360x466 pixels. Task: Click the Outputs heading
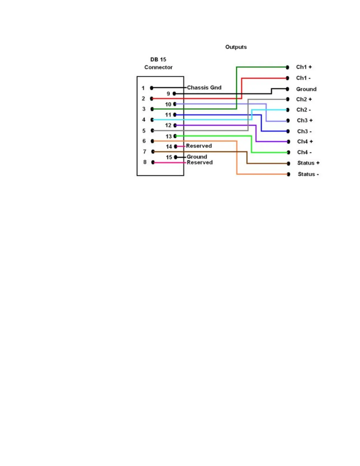pos(236,47)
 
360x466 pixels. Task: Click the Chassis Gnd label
pos(204,88)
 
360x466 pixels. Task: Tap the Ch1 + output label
pos(304,67)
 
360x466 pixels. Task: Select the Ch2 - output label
pos(304,110)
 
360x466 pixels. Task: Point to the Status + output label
pos(308,163)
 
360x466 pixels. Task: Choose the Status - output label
pos(308,174)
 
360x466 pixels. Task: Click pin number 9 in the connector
pos(168,94)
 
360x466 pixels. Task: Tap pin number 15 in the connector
pos(169,157)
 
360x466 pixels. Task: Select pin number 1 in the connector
pos(143,88)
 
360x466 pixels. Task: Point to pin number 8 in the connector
pos(145,162)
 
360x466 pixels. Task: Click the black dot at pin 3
pos(152,109)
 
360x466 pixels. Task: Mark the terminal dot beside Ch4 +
pos(288,142)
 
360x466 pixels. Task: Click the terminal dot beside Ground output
pos(287,89)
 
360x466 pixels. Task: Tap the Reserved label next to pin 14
pos(199,146)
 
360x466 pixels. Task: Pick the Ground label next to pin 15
pos(197,157)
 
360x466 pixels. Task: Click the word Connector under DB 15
pos(158,67)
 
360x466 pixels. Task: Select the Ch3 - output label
pos(304,131)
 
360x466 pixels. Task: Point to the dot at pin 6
pos(152,141)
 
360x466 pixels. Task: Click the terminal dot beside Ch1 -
pos(287,78)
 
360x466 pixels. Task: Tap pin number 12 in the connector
pos(168,125)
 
